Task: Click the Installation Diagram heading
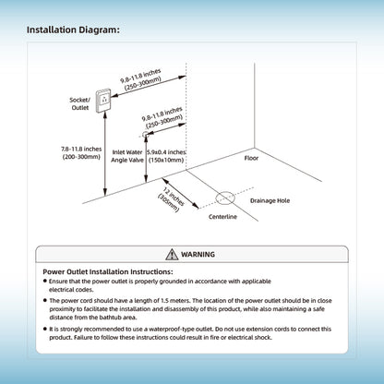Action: [73, 30]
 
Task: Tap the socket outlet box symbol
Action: [103, 101]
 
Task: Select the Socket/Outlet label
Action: [80, 103]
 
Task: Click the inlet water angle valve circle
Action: [145, 134]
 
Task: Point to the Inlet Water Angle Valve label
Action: [127, 156]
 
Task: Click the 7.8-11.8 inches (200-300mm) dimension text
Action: [81, 153]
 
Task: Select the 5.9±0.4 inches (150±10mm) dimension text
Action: [166, 156]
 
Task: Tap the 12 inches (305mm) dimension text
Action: [172, 199]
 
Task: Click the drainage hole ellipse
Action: [225, 198]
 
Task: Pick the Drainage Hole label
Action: [270, 200]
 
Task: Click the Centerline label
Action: [222, 217]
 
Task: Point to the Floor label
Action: [251, 158]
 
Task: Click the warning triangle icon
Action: [172, 255]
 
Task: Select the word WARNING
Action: [198, 255]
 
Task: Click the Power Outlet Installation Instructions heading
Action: [108, 271]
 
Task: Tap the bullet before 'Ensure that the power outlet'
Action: [45, 281]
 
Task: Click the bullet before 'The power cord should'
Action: [45, 300]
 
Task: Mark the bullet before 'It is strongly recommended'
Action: [45, 329]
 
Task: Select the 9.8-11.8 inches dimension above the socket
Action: [141, 79]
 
